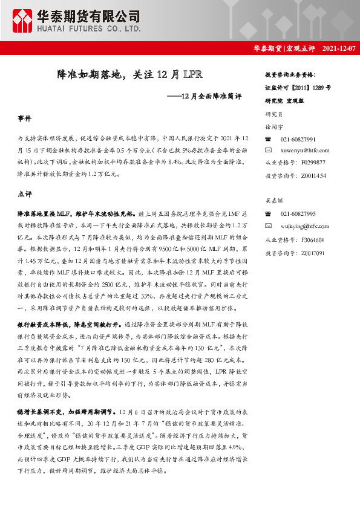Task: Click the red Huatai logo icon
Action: pos(23,21)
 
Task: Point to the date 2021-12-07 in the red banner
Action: pos(339,48)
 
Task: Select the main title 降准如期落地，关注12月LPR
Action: pos(125,76)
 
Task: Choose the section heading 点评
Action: pos(25,194)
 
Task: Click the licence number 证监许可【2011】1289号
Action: pos(298,87)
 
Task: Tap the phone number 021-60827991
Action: pos(298,139)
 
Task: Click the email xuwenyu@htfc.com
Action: pos(306,150)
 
